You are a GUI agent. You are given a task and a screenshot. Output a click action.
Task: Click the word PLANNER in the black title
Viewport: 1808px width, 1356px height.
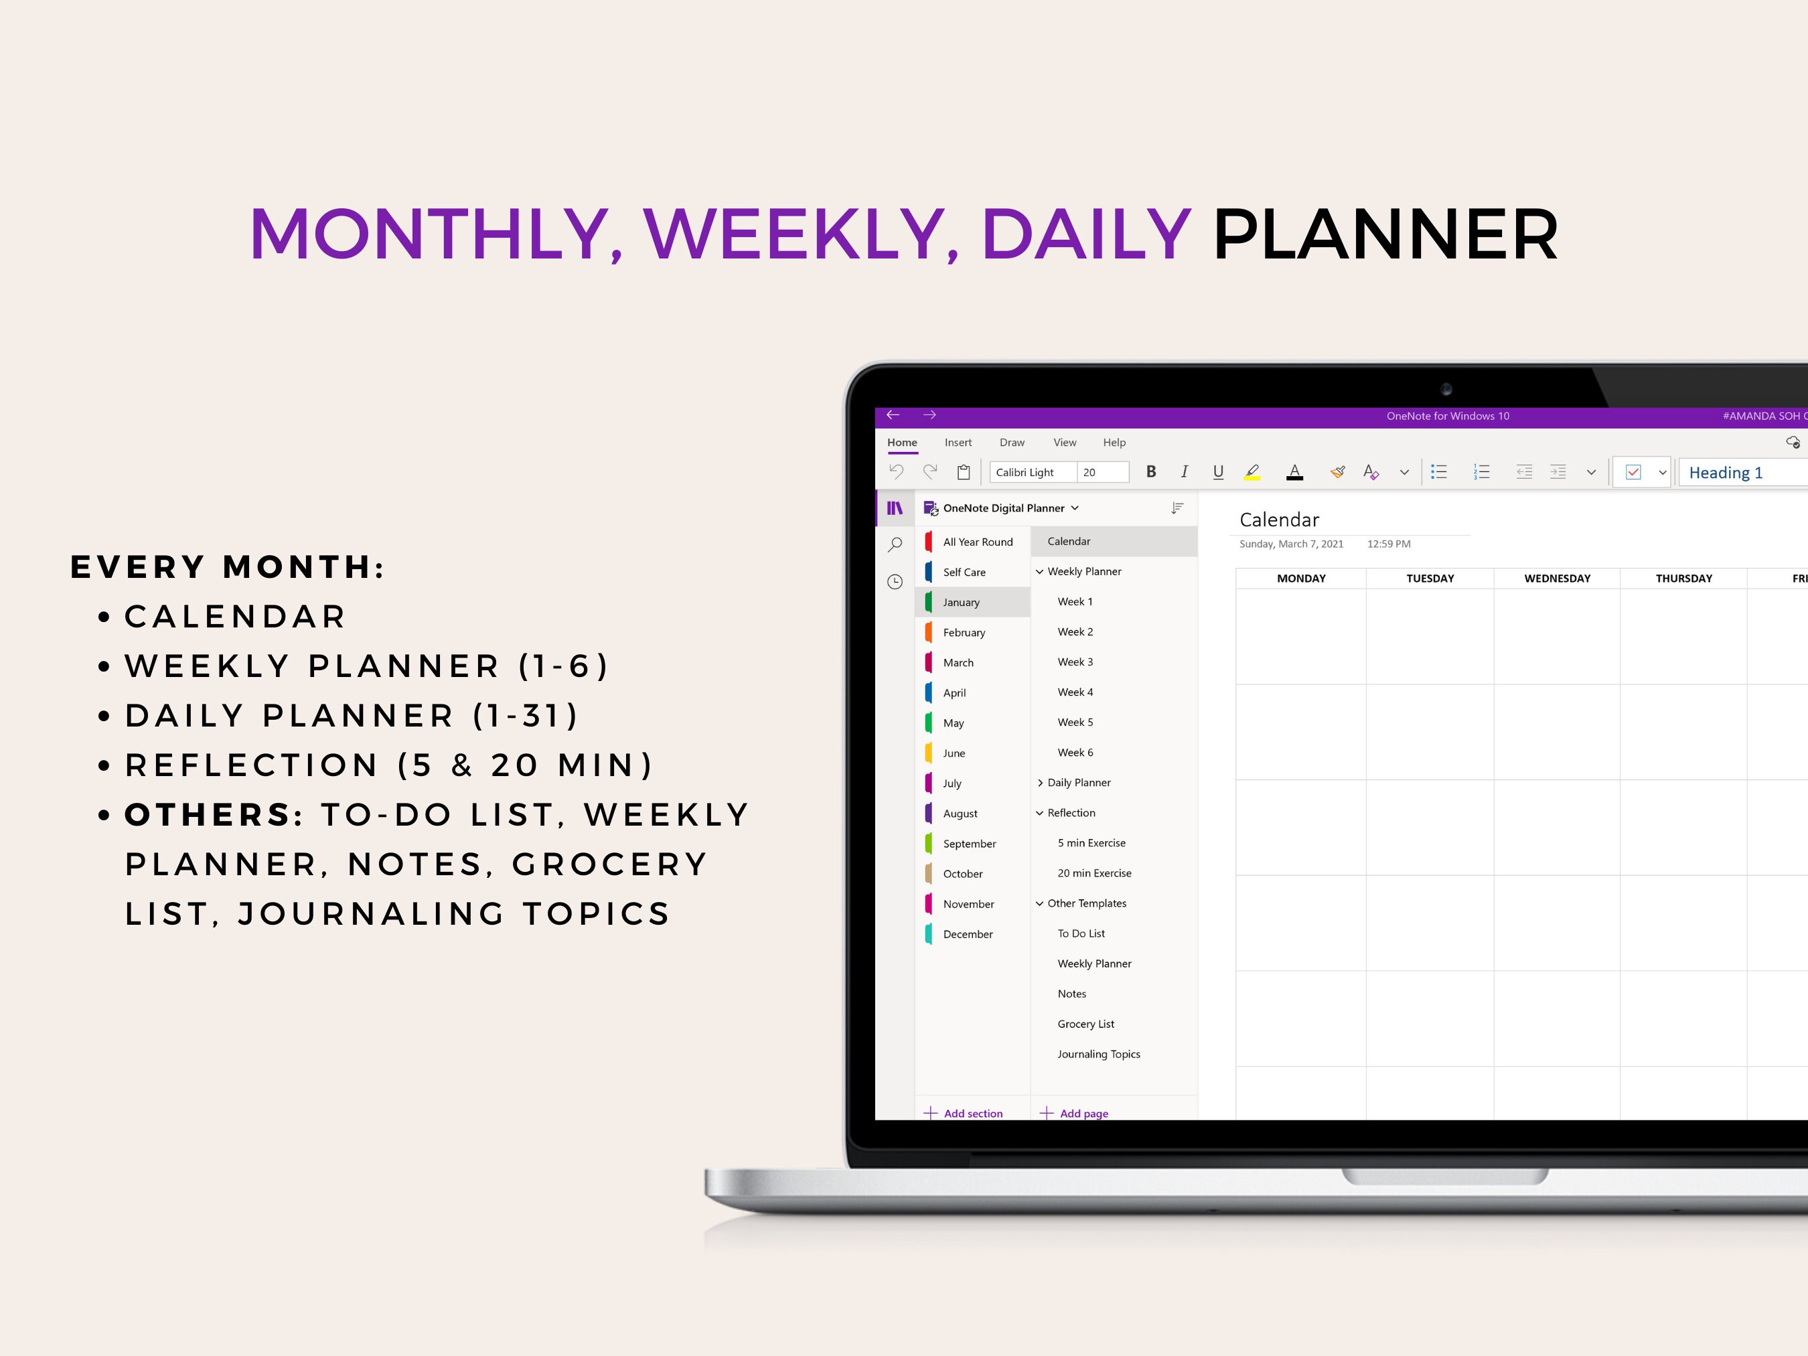click(x=1385, y=236)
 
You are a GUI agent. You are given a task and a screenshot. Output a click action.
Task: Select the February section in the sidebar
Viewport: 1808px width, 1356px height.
click(x=964, y=633)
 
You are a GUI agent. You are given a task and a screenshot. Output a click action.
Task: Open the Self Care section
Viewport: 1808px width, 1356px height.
click(x=964, y=572)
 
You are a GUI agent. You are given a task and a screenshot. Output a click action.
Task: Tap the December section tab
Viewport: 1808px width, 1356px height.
click(x=967, y=934)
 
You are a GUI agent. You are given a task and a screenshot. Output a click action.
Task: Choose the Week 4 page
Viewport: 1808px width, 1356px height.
click(x=1075, y=692)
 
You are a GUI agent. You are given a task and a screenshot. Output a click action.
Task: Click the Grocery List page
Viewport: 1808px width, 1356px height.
click(x=1085, y=1024)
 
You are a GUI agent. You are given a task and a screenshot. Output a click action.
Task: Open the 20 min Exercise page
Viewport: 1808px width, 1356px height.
click(x=1094, y=873)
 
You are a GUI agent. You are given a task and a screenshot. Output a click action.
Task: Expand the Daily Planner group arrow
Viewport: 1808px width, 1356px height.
click(x=1040, y=783)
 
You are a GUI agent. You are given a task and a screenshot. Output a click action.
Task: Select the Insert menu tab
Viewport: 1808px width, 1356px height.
click(x=958, y=442)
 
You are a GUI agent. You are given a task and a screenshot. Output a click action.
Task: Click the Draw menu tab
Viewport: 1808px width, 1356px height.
click(x=1012, y=442)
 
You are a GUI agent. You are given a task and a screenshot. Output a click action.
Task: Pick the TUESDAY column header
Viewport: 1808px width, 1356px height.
click(x=1430, y=579)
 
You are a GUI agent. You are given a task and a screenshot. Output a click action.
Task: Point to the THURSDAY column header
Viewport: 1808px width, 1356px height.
click(x=1683, y=579)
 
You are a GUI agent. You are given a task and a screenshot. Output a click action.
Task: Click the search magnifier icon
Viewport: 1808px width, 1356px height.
click(x=895, y=544)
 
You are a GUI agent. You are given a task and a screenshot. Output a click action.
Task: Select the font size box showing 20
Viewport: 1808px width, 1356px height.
click(x=1101, y=473)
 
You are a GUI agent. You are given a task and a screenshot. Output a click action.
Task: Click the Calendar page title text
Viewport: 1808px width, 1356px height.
click(x=1278, y=520)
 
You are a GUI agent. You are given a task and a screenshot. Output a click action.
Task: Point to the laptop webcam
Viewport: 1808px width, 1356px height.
click(x=1446, y=389)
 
